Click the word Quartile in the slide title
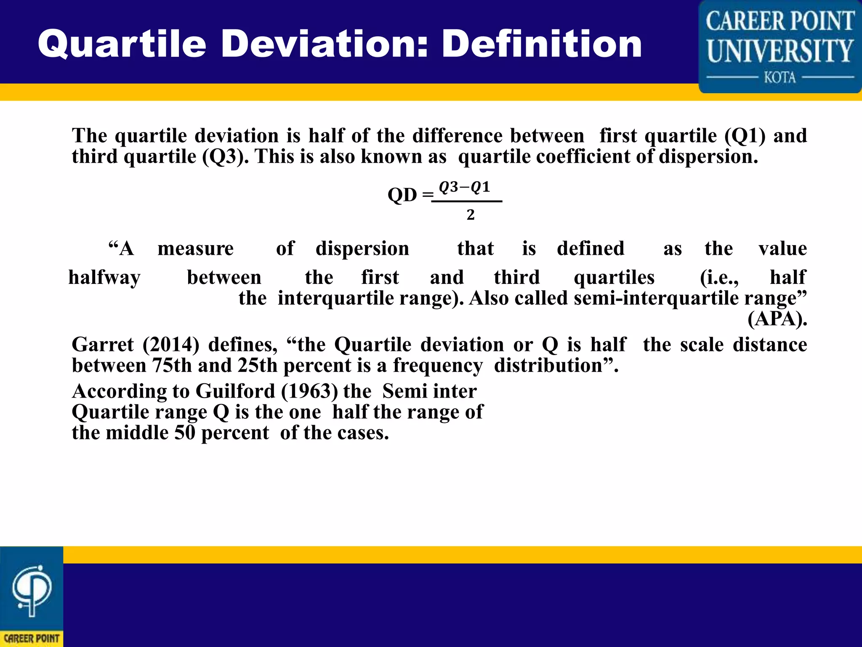[x=122, y=44]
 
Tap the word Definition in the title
[x=542, y=44]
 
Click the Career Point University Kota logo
[x=780, y=46]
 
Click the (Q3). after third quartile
[x=226, y=157]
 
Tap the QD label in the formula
[x=402, y=195]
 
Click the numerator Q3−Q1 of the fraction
[x=465, y=187]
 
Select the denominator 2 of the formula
[x=471, y=215]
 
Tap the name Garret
[x=103, y=345]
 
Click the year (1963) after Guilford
[x=309, y=391]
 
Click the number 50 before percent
[x=185, y=433]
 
